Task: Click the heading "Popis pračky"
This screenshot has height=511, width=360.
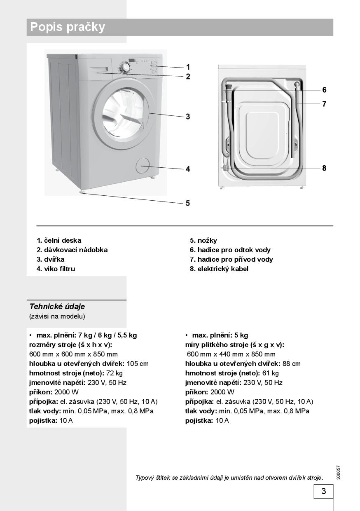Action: [x=68, y=27]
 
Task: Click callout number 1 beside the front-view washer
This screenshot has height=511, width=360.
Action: [x=188, y=67]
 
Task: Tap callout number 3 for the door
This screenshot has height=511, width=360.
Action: [x=188, y=117]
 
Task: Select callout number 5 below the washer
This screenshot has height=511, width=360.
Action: [x=188, y=203]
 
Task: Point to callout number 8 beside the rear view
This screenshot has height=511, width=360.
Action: [x=324, y=168]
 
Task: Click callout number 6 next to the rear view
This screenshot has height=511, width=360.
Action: [x=324, y=90]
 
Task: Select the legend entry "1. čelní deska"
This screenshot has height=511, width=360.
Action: [x=59, y=240]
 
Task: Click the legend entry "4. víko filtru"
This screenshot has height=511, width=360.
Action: [x=56, y=269]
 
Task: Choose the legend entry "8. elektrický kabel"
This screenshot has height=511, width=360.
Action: [x=219, y=269]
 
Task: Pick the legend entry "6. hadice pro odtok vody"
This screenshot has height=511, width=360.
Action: [x=230, y=250]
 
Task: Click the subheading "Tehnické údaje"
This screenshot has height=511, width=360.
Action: [x=57, y=307]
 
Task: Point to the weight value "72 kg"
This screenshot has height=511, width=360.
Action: [x=115, y=373]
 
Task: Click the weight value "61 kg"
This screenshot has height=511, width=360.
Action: [x=271, y=373]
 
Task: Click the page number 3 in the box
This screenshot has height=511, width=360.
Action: [x=323, y=491]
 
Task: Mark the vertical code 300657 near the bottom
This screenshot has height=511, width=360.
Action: [x=338, y=472]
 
